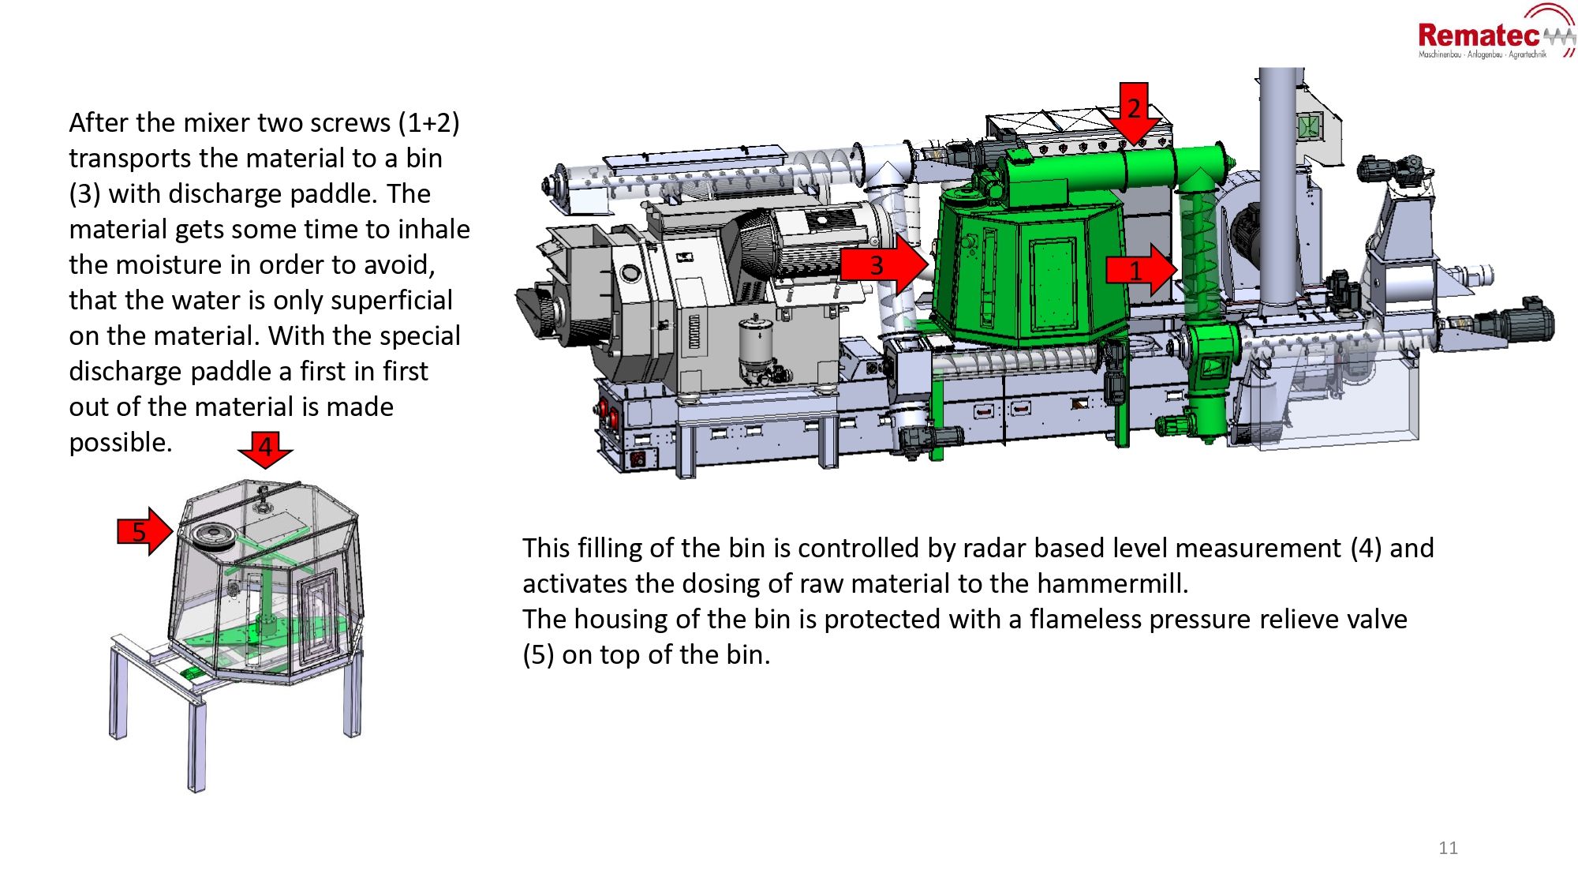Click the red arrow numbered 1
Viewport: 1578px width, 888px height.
[1140, 270]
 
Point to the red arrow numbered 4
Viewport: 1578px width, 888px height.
[265, 448]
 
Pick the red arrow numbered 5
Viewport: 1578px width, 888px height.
[144, 531]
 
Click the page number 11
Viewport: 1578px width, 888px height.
[1448, 848]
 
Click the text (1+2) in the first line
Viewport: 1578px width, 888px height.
[428, 122]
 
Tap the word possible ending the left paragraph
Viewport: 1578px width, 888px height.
[120, 442]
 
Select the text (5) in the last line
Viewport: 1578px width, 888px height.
[538, 654]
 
